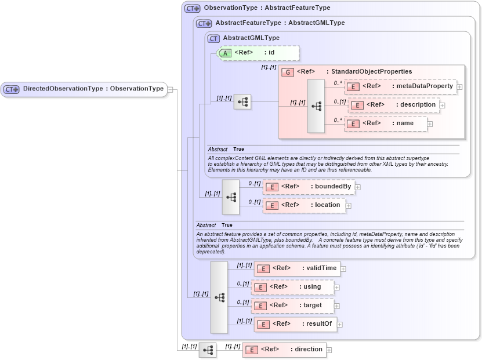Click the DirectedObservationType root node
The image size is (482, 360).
point(84,89)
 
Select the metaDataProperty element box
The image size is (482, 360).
point(400,86)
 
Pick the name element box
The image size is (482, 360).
point(386,123)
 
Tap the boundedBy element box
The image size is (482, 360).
point(309,187)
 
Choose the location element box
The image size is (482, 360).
point(304,205)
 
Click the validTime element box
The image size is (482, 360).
point(296,268)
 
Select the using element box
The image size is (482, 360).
point(292,287)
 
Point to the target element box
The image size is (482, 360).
point(292,306)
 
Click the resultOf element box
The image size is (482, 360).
point(295,324)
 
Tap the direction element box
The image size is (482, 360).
point(284,350)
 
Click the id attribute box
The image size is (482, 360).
point(258,53)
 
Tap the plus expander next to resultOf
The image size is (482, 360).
point(340,325)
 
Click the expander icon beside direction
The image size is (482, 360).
point(329,350)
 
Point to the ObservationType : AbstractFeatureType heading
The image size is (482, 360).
point(267,8)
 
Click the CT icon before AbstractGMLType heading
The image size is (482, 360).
point(213,38)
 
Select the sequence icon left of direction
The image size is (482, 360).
point(208,350)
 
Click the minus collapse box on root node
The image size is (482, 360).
point(171,89)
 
